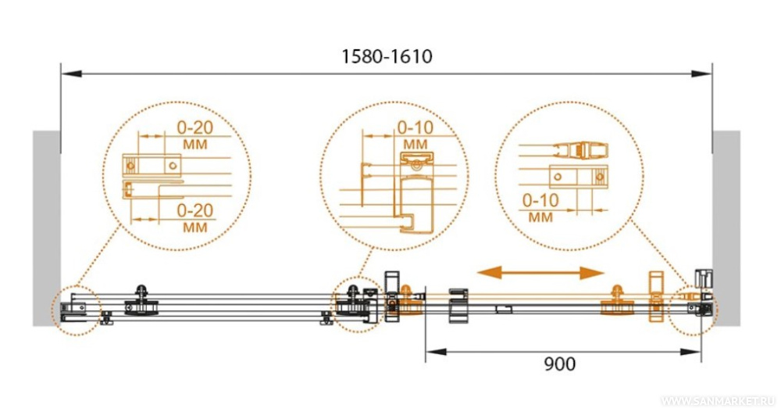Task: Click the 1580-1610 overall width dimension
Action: pyautogui.click(x=387, y=56)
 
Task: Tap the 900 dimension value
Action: pyautogui.click(x=559, y=364)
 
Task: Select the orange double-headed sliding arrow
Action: pyautogui.click(x=540, y=272)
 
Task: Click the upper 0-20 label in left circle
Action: pyautogui.click(x=195, y=127)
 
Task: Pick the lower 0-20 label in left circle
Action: pyautogui.click(x=195, y=210)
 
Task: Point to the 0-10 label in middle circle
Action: pyautogui.click(x=415, y=127)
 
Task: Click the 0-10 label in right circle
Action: pyautogui.click(x=540, y=200)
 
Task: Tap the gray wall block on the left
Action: pyautogui.click(x=46, y=228)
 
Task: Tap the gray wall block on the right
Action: pyautogui.click(x=726, y=228)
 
